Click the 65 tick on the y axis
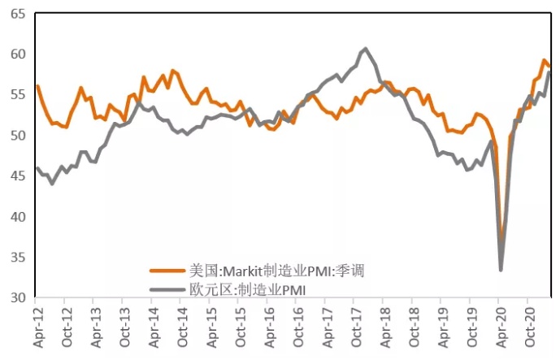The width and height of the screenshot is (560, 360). (18, 14)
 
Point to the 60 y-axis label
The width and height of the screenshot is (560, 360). (18, 54)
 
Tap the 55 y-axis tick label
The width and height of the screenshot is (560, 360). (18, 95)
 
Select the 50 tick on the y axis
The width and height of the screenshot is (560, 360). (18, 136)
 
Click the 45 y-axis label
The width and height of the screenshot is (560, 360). (18, 176)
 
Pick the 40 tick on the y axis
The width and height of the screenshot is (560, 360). (18, 217)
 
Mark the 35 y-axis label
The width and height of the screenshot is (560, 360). (18, 258)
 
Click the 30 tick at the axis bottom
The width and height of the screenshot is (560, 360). (18, 297)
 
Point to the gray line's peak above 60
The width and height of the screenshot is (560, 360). (365, 49)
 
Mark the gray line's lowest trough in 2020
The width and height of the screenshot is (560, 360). (501, 270)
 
